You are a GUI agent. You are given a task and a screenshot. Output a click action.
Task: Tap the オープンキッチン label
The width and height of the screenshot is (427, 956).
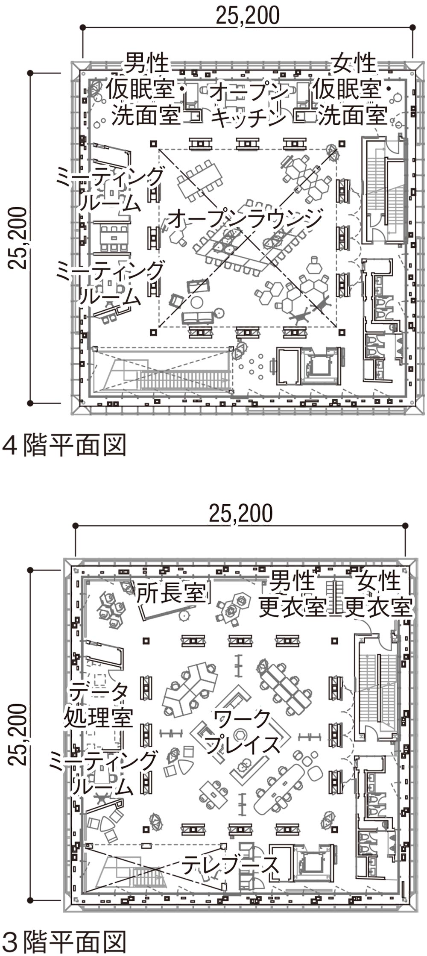249,104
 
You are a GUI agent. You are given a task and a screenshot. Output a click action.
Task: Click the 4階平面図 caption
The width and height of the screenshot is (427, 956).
64,445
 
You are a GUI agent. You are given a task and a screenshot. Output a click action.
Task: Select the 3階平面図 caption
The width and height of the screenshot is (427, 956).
64,941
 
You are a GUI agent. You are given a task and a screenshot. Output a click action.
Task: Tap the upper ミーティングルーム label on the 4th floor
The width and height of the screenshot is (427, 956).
110,189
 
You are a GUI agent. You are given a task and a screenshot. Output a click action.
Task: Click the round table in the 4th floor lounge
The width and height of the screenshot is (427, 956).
197,302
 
